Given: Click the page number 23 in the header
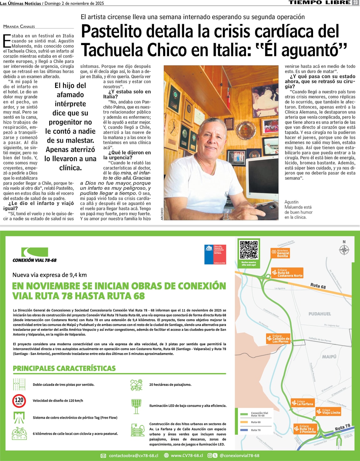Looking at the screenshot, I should [355, 3].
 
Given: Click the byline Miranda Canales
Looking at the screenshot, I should [19, 27].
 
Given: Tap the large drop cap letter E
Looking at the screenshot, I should [7, 40].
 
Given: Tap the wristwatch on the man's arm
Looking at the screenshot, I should [226, 216].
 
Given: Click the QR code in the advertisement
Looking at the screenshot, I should [249, 250].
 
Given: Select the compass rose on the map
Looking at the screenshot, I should [344, 250].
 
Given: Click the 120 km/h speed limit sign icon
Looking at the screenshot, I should [19, 401].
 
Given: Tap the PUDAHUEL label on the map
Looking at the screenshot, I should [320, 314].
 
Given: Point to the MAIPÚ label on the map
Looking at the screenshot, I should [329, 356].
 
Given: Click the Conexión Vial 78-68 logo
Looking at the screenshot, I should [34, 255].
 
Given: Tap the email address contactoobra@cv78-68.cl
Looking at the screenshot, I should [133, 456].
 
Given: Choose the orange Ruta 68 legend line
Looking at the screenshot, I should [244, 422].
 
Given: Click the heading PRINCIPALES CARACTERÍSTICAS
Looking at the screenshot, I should [64, 368].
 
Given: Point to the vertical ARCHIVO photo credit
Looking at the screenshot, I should [162, 214].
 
